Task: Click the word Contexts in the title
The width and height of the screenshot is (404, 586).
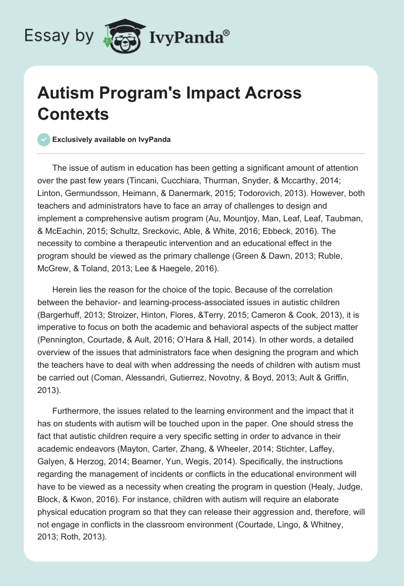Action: (x=73, y=114)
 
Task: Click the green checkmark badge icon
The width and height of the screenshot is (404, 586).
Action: (x=44, y=139)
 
